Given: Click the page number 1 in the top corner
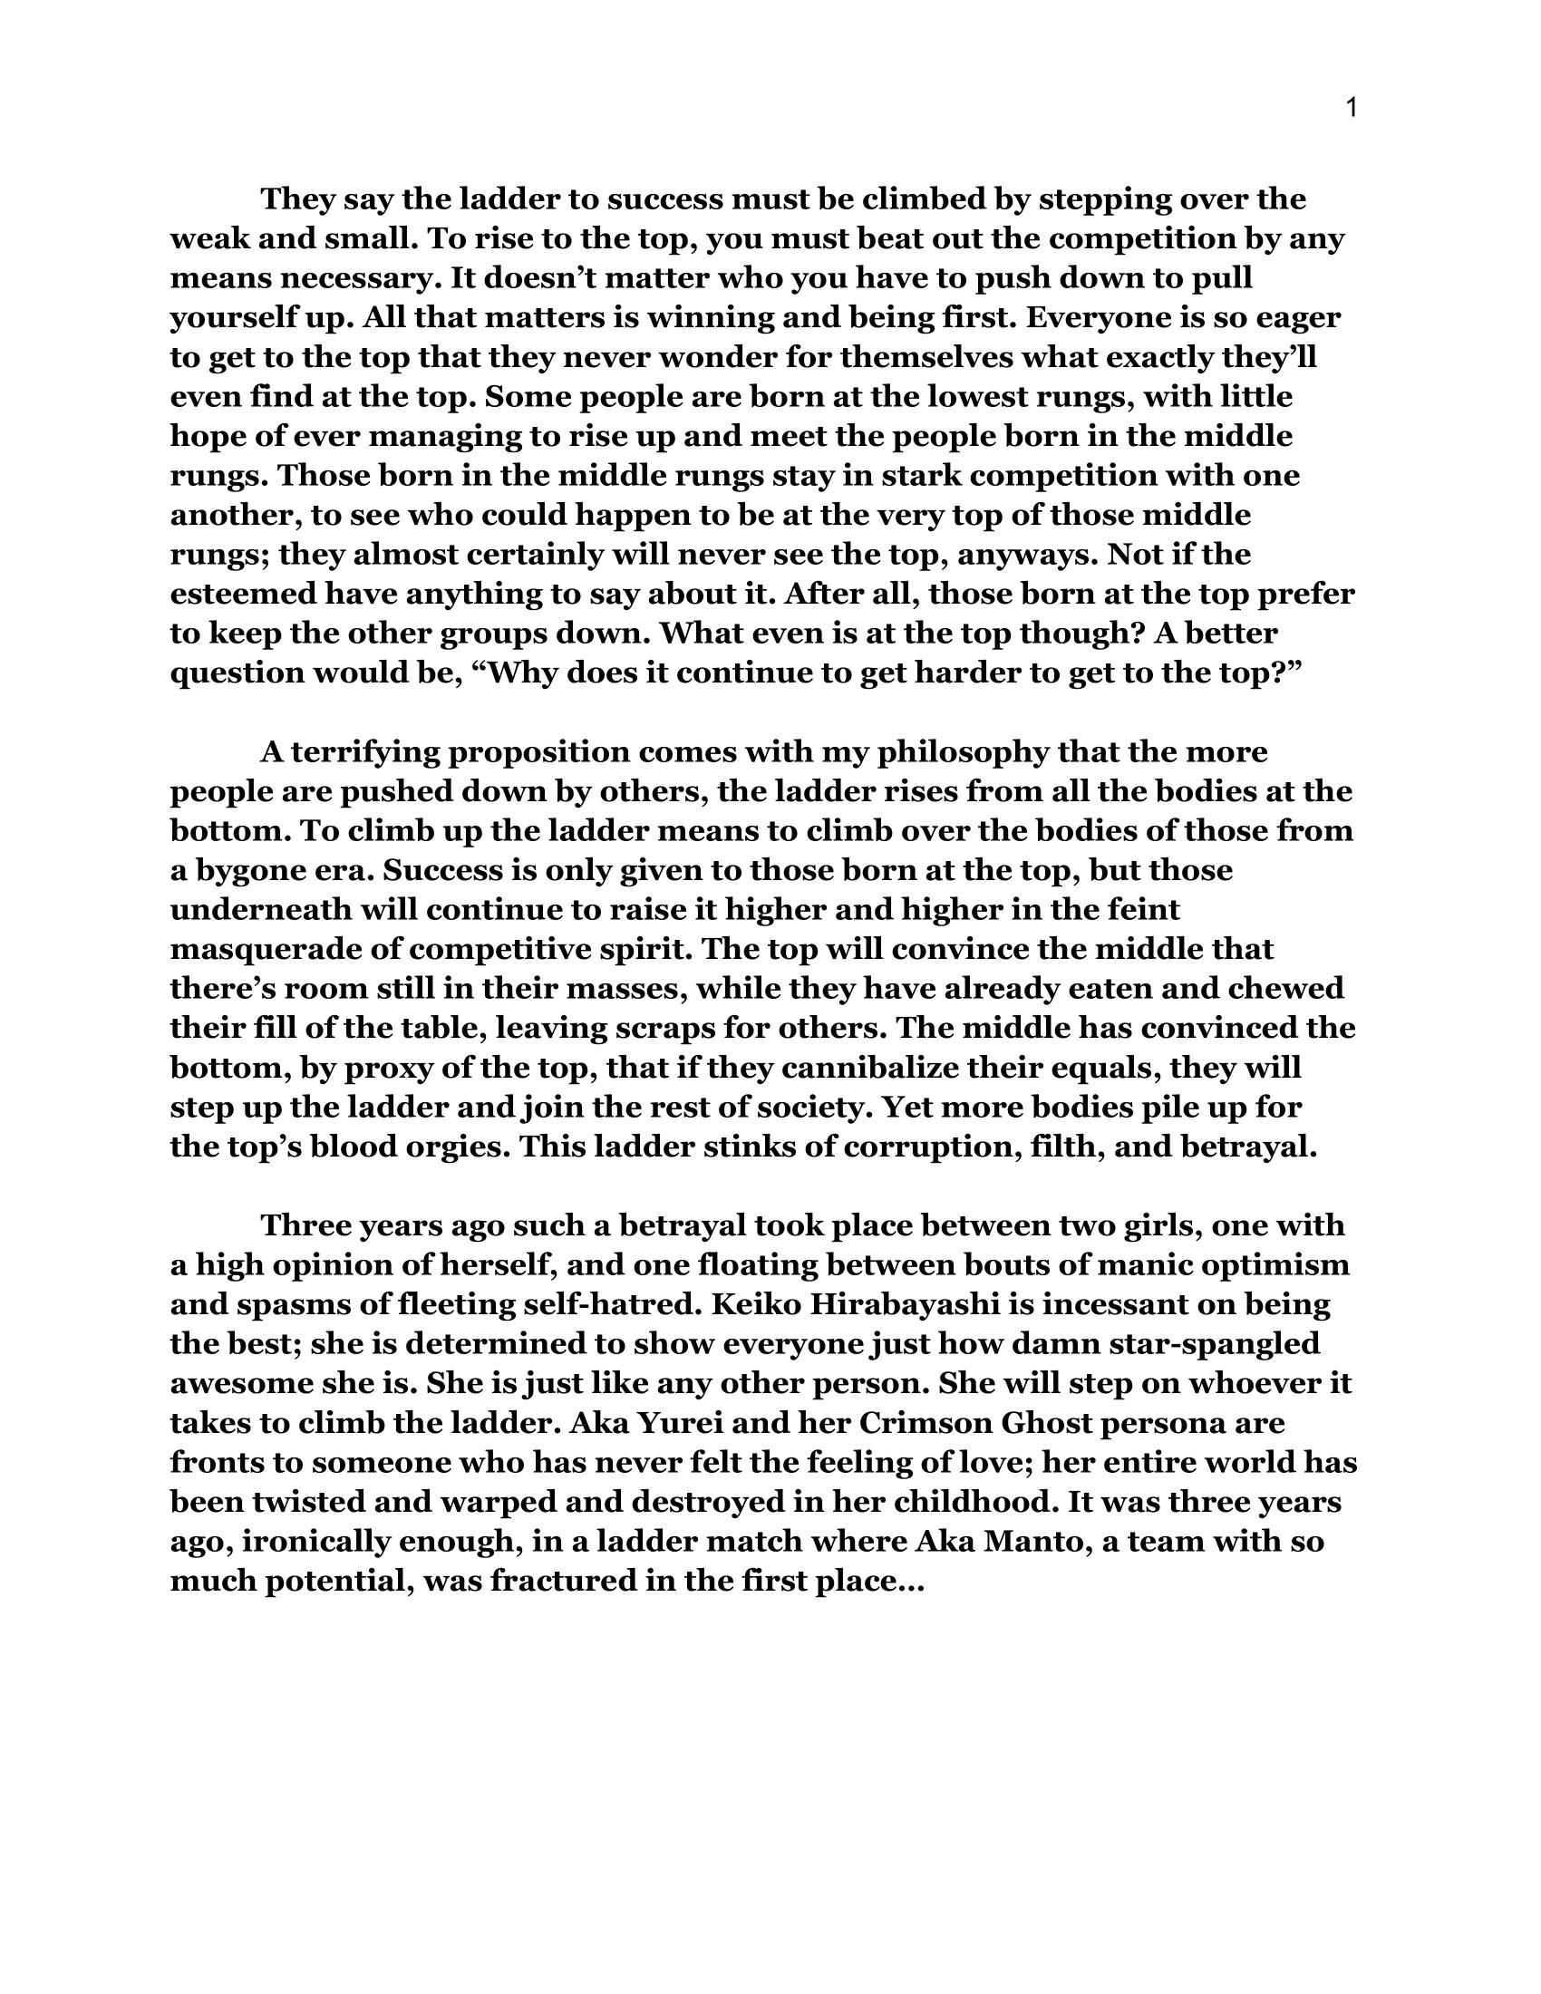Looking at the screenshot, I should tap(1352, 109).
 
